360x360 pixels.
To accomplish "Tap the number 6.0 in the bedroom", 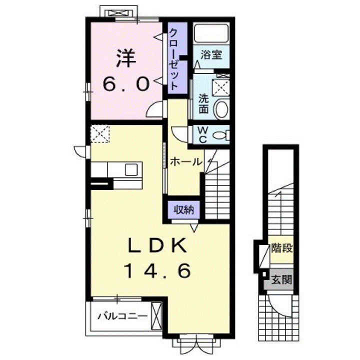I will coord(126,83).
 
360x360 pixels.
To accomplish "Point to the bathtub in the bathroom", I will coord(210,34).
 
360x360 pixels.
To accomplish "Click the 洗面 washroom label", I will coord(203,103).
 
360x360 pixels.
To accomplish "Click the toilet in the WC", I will coord(220,134).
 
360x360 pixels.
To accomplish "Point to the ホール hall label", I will coord(185,161).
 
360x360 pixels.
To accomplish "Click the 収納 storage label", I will coord(183,210).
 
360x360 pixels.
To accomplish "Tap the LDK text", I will coord(157,246).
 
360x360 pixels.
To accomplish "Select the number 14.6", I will coord(157,271).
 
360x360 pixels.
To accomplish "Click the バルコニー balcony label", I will coord(121,316).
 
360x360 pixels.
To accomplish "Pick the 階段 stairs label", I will coord(282,248).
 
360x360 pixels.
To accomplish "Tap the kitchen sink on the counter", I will coord(131,169).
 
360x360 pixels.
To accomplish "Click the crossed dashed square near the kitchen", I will coord(100,134).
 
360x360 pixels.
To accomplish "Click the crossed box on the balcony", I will coord(156,315).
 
